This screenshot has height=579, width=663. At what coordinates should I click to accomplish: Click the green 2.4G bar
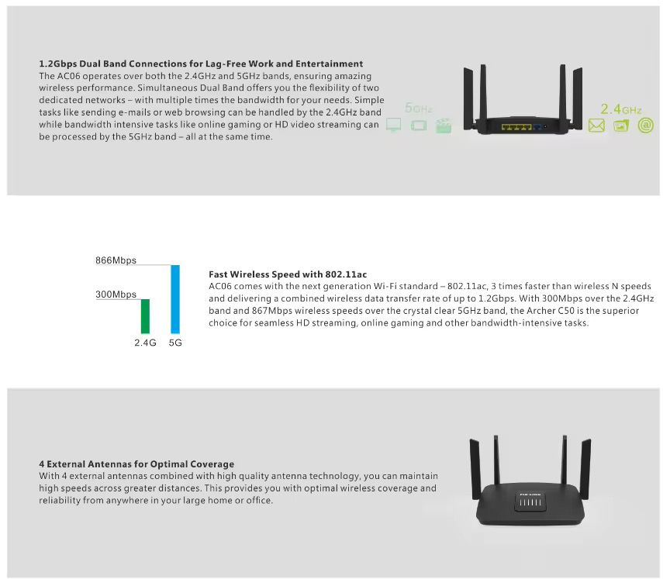coord(145,316)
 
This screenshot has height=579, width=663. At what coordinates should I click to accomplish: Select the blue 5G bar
coord(175,299)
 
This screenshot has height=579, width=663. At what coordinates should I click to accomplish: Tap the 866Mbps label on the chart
coord(116,260)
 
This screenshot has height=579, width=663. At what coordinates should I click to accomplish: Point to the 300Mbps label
coord(116,294)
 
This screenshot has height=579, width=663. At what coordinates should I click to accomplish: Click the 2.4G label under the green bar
coord(145,343)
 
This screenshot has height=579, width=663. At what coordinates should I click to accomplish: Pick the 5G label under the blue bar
coord(175,343)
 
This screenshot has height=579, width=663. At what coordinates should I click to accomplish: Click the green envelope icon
coord(596,126)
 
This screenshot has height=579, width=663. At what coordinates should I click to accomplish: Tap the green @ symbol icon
coord(646,125)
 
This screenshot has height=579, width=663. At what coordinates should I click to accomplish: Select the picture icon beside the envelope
coord(621,126)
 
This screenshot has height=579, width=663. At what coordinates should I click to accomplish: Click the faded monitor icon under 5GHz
coord(394,125)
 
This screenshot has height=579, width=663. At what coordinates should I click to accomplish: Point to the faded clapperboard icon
coord(444,126)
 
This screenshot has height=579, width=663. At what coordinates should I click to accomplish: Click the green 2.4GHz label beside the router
coord(620,109)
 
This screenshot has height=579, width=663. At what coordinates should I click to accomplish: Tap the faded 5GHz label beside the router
coord(418,108)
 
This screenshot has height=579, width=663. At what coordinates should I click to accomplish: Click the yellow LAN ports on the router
coord(516,127)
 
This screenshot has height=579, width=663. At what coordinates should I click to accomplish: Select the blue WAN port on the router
coord(537,127)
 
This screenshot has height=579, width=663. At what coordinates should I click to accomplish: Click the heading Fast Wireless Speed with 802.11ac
coord(288,274)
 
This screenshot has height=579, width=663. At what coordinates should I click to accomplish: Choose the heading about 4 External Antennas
coord(136,464)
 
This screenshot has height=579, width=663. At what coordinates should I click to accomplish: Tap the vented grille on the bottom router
coord(530,502)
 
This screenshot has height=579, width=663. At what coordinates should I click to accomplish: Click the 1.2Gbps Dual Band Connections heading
coord(201,64)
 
